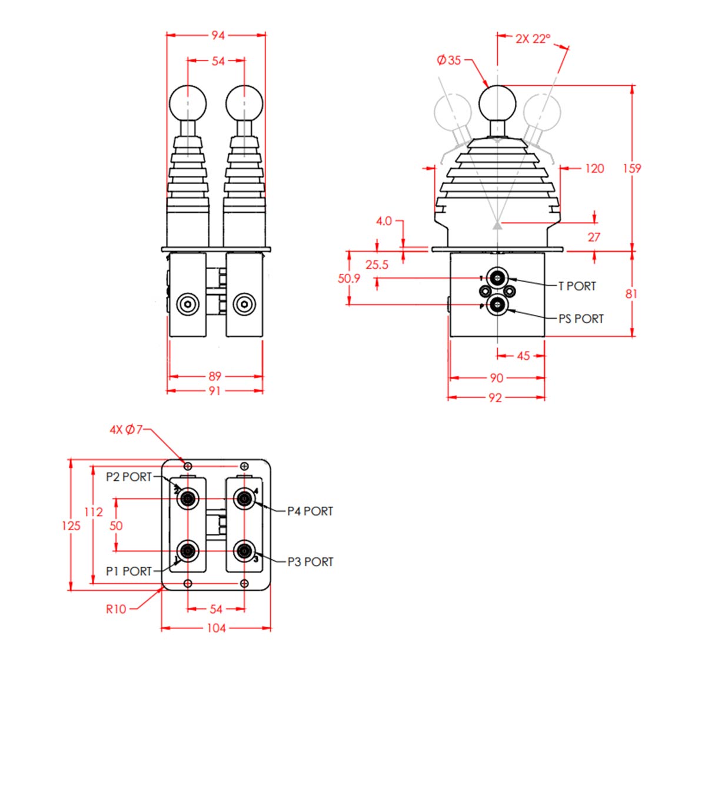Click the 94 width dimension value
pyautogui.click(x=218, y=36)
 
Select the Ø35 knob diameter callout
pyautogui.click(x=448, y=61)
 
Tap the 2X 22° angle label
pyautogui.click(x=533, y=39)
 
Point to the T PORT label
pyautogui.click(x=577, y=286)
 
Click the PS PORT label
pyautogui.click(x=581, y=319)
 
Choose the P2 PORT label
pyautogui.click(x=128, y=477)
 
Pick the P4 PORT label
pyautogui.click(x=310, y=511)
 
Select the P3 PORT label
pyautogui.click(x=310, y=561)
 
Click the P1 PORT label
pyautogui.click(x=128, y=571)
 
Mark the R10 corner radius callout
pyautogui.click(x=116, y=609)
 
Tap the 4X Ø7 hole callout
pyautogui.click(x=126, y=430)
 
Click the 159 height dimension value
pyautogui.click(x=631, y=168)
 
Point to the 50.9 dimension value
pyautogui.click(x=349, y=278)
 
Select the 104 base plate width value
pyautogui.click(x=217, y=628)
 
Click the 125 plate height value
pyautogui.click(x=71, y=526)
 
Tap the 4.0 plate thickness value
pyautogui.click(x=384, y=221)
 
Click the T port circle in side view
pyautogui.click(x=497, y=278)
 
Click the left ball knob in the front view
pyautogui.click(x=188, y=103)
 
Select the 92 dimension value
pyautogui.click(x=495, y=397)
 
